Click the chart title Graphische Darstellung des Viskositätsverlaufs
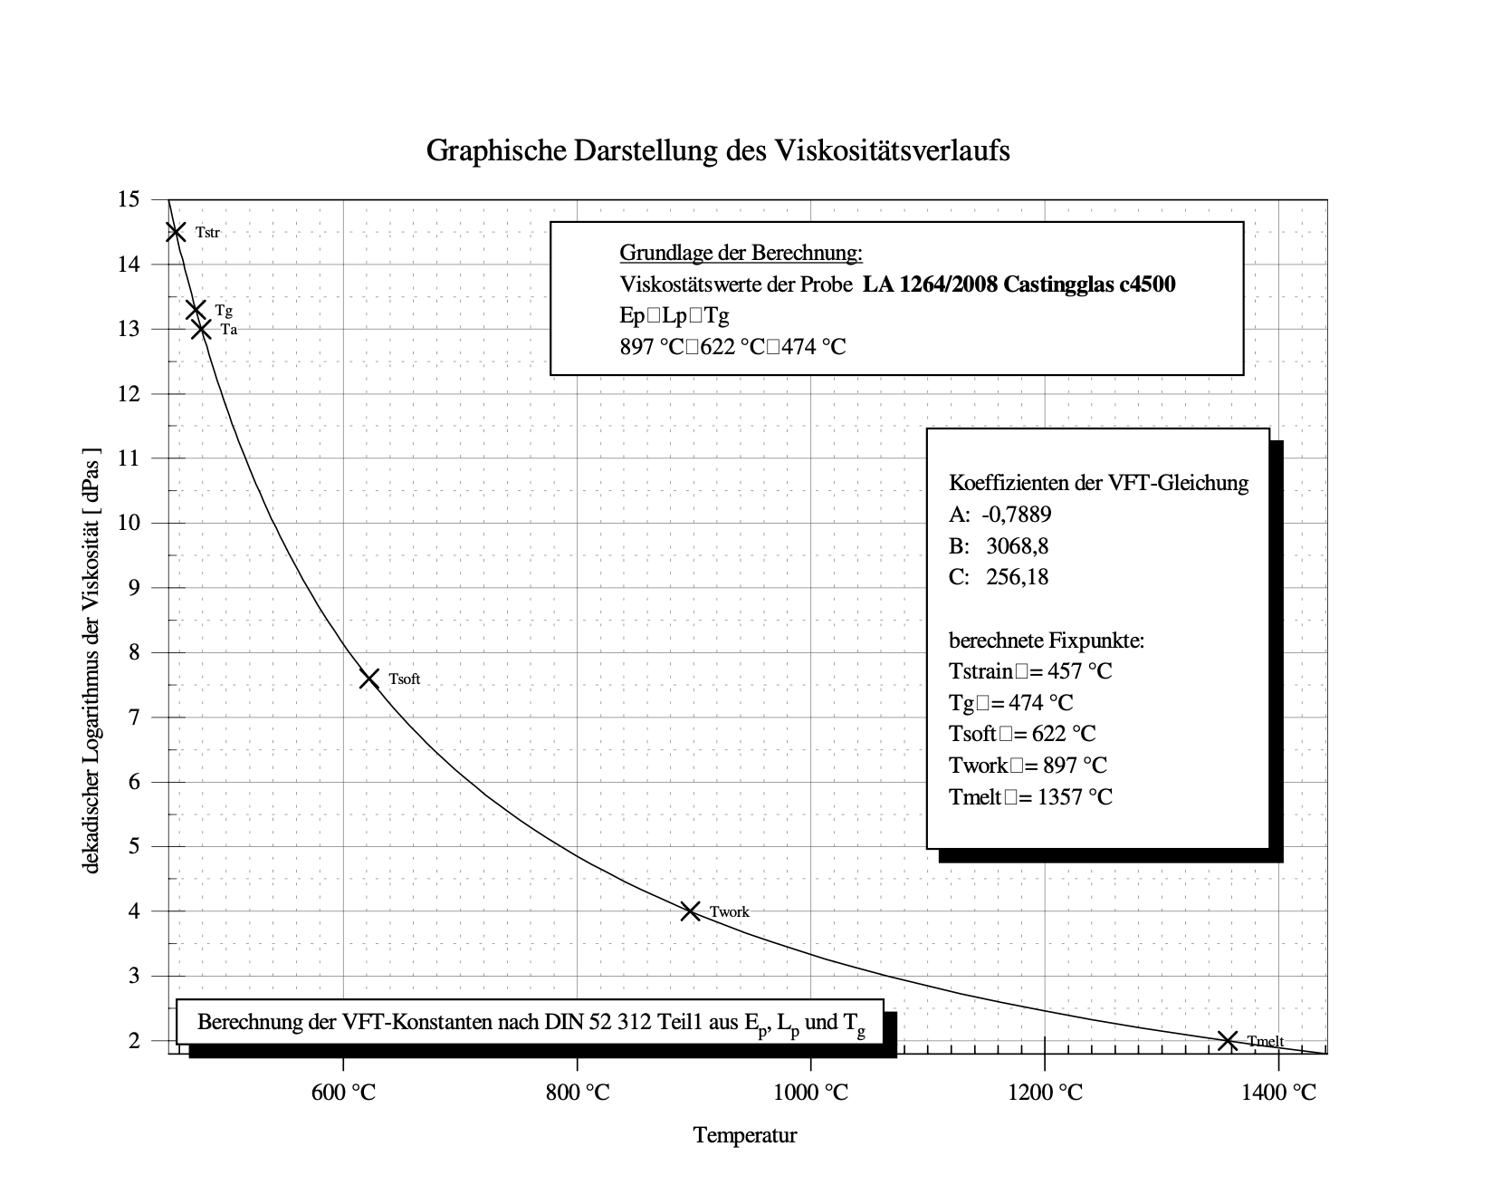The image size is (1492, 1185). [x=717, y=150]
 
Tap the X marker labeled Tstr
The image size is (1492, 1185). [x=176, y=232]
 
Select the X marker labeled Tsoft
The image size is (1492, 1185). [x=369, y=679]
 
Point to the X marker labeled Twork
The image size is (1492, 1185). [x=690, y=910]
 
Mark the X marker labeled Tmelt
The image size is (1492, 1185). [x=1228, y=1041]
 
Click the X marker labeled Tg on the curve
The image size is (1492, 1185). [x=196, y=310]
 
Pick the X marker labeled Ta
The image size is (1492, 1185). [x=201, y=330]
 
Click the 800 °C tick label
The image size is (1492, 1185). [x=579, y=1093]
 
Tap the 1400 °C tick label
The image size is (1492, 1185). [x=1279, y=1093]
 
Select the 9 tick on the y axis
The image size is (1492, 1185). [x=133, y=588]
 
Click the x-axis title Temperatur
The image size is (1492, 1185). [x=745, y=1135]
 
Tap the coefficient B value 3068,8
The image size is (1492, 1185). [x=1019, y=546]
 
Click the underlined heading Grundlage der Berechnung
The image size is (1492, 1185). [x=741, y=252]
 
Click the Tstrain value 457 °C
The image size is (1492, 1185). [x=1078, y=672]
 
